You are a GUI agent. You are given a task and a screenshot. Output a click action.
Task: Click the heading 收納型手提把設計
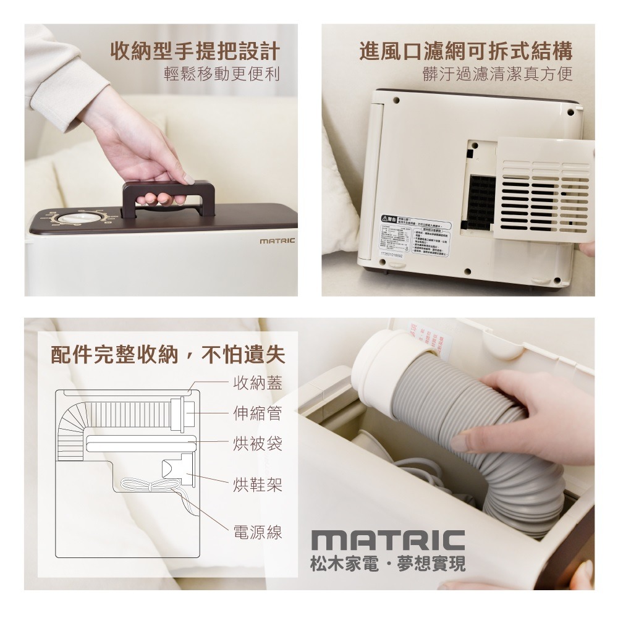click(x=195, y=51)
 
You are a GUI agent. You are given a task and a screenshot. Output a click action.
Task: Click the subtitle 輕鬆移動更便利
click(x=222, y=75)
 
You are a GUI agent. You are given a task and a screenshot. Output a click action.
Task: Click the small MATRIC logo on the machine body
click(x=277, y=240)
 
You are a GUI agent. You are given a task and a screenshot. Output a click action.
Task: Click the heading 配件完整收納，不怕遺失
click(x=167, y=355)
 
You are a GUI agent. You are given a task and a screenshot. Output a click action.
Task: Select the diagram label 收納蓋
click(x=258, y=383)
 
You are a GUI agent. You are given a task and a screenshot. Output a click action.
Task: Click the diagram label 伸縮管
click(x=258, y=412)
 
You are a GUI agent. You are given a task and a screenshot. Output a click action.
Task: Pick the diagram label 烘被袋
click(x=258, y=442)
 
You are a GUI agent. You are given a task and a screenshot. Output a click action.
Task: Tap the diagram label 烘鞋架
click(x=258, y=485)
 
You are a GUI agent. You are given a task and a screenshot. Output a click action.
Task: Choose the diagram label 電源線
click(x=258, y=532)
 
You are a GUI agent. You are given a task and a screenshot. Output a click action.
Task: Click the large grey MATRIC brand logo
click(x=387, y=540)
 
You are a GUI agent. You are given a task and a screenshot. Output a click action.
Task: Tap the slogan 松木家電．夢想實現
click(x=389, y=564)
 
